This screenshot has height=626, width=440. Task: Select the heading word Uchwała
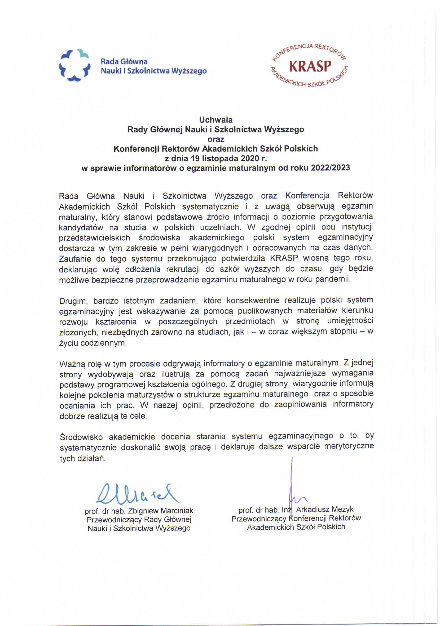coord(216,120)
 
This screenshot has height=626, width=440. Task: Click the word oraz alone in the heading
coord(216,139)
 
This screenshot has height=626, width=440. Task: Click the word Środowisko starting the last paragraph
coord(81,437)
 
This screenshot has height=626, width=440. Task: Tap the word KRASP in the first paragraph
coord(284,258)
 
